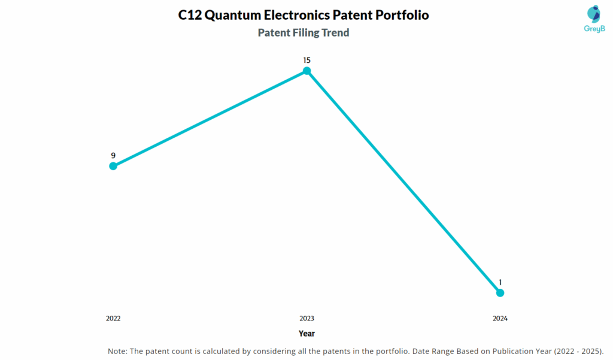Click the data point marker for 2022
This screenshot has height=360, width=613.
point(113,166)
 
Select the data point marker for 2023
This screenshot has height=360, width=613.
point(306,71)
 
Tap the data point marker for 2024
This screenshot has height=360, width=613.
point(500,293)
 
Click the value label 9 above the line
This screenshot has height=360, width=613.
point(113,155)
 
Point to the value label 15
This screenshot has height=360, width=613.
point(306,60)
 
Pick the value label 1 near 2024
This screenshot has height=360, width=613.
point(500,282)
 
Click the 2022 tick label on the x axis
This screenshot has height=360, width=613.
point(113,319)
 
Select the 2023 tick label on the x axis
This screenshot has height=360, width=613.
point(306,319)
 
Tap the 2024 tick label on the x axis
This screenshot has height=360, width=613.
point(500,319)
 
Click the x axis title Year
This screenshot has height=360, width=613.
point(306,334)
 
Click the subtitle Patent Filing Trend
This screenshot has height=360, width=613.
point(304,33)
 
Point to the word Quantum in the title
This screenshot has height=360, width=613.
point(233,16)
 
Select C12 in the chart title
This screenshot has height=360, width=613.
point(190,16)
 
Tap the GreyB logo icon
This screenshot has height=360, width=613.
point(594,14)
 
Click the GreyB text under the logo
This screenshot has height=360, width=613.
point(594,29)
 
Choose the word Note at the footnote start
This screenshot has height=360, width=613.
point(117,350)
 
